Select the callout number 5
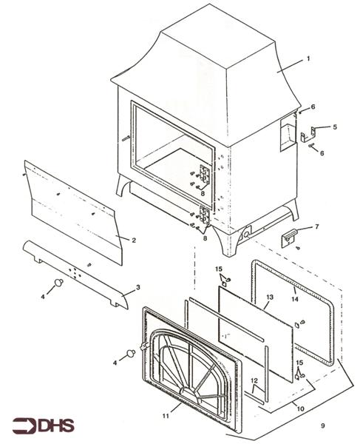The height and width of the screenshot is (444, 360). point(334,127)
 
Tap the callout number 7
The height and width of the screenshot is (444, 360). point(316,226)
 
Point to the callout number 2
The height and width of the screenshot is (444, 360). point(133,240)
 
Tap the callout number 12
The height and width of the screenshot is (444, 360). point(254,381)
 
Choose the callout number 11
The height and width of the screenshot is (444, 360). point(176,407)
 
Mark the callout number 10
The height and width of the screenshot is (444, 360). point(299,408)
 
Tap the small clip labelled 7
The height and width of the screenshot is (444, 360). point(291,236)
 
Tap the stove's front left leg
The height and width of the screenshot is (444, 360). point(123,185)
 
